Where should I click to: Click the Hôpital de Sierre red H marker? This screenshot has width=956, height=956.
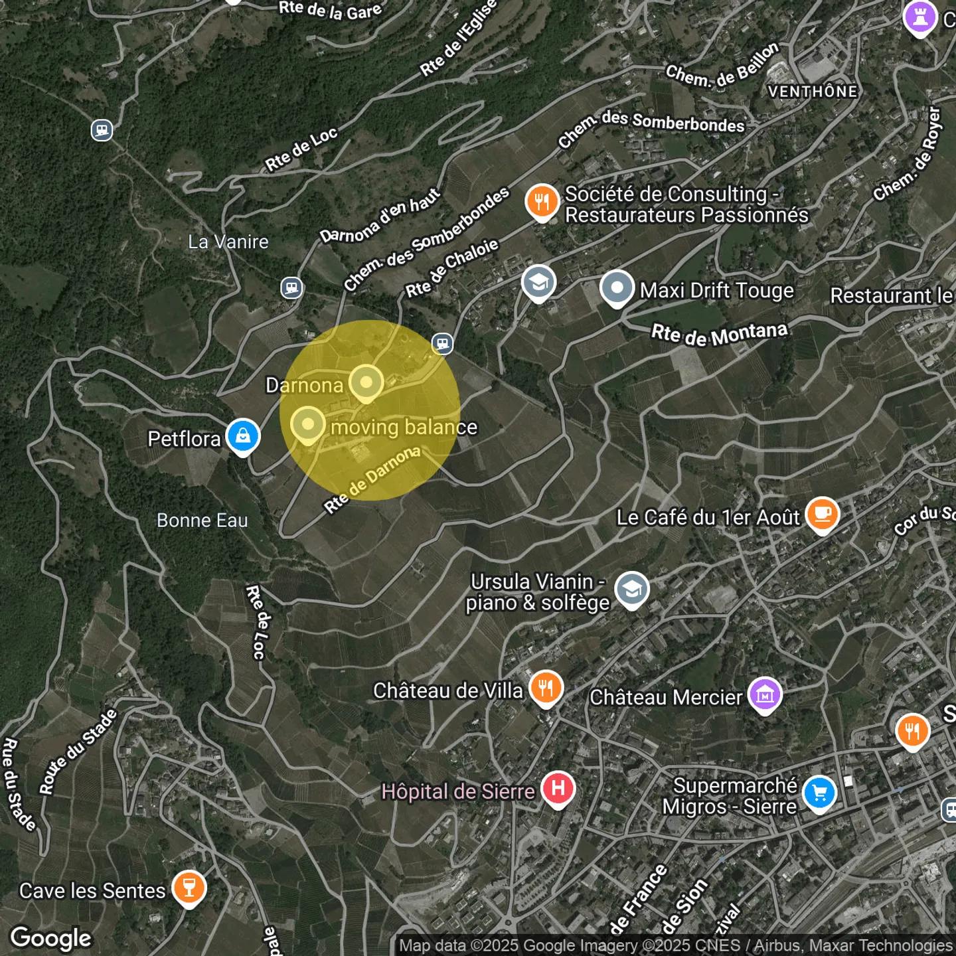pyautogui.click(x=558, y=788)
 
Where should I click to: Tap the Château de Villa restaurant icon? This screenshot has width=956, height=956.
pyautogui.click(x=546, y=688)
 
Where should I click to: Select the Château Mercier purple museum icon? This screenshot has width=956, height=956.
pyautogui.click(x=765, y=694)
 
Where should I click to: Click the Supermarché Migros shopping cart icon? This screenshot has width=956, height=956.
pyautogui.click(x=819, y=793)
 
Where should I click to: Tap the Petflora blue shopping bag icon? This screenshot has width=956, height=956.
pyautogui.click(x=243, y=436)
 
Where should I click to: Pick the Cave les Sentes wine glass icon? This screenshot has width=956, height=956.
pyautogui.click(x=189, y=887)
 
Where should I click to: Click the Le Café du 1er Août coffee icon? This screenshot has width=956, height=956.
pyautogui.click(x=823, y=514)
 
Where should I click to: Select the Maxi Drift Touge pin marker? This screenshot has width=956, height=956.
pyautogui.click(x=617, y=288)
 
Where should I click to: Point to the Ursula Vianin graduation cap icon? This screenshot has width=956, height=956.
pyautogui.click(x=632, y=589)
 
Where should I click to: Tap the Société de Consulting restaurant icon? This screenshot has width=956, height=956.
pyautogui.click(x=542, y=201)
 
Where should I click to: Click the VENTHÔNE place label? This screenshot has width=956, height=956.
pyautogui.click(x=813, y=92)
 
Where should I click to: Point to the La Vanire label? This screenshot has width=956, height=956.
pyautogui.click(x=228, y=242)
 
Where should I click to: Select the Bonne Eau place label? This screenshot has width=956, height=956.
pyautogui.click(x=202, y=520)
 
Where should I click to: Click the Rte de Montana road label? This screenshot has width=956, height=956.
pyautogui.click(x=719, y=334)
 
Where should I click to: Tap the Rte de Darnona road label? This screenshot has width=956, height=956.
pyautogui.click(x=372, y=479)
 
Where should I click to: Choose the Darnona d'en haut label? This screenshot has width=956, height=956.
pyautogui.click(x=380, y=216)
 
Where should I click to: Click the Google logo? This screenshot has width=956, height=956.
pyautogui.click(x=51, y=938)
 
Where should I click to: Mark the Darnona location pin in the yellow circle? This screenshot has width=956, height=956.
pyautogui.click(x=366, y=382)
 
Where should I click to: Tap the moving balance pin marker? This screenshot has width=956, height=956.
pyautogui.click(x=307, y=424)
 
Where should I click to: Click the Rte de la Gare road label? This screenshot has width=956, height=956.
pyautogui.click(x=330, y=9)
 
